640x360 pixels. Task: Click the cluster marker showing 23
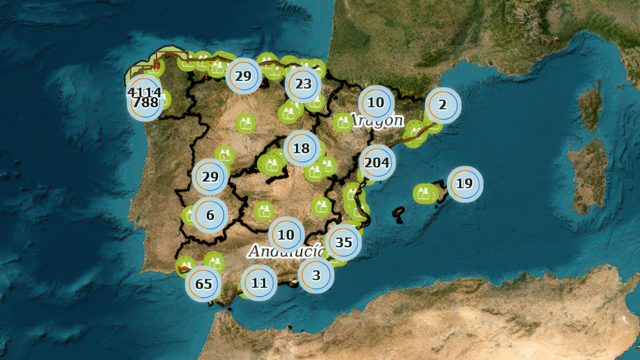pos(303,84)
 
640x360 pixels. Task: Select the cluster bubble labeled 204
pos(377,163)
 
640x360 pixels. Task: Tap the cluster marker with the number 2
pos(443,105)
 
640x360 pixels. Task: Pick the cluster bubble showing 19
pos(465,184)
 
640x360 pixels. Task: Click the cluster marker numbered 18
pos(302,148)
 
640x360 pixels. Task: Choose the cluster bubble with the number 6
pos(210,215)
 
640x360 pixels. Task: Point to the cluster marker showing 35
pos(343,242)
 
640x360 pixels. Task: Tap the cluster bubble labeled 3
pos(316,275)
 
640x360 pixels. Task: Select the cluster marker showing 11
pos(259,283)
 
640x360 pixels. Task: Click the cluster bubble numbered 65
pos(203,284)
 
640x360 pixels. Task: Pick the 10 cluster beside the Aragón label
pos(376,103)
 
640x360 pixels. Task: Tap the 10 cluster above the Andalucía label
pos(286,235)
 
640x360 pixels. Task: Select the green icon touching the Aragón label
pos(343,122)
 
